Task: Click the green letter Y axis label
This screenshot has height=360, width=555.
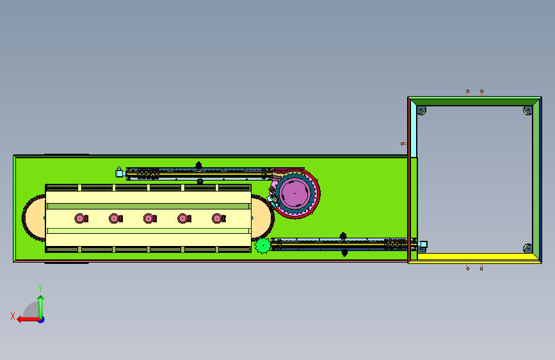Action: [x=40, y=288]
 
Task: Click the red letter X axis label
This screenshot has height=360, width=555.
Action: [x=13, y=316]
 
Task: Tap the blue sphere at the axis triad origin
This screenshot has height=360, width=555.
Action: [x=42, y=320]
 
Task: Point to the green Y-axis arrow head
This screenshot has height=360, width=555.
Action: [x=41, y=299]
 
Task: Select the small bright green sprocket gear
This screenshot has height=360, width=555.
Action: [x=262, y=245]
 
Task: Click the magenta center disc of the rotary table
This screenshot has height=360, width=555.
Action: [x=294, y=193]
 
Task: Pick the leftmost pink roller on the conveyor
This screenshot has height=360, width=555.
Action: [x=81, y=218]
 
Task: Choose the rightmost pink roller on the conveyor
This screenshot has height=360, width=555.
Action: [x=218, y=218]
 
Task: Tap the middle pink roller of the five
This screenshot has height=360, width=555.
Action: [x=150, y=218]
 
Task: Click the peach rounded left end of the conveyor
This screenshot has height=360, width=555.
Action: [x=35, y=218]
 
